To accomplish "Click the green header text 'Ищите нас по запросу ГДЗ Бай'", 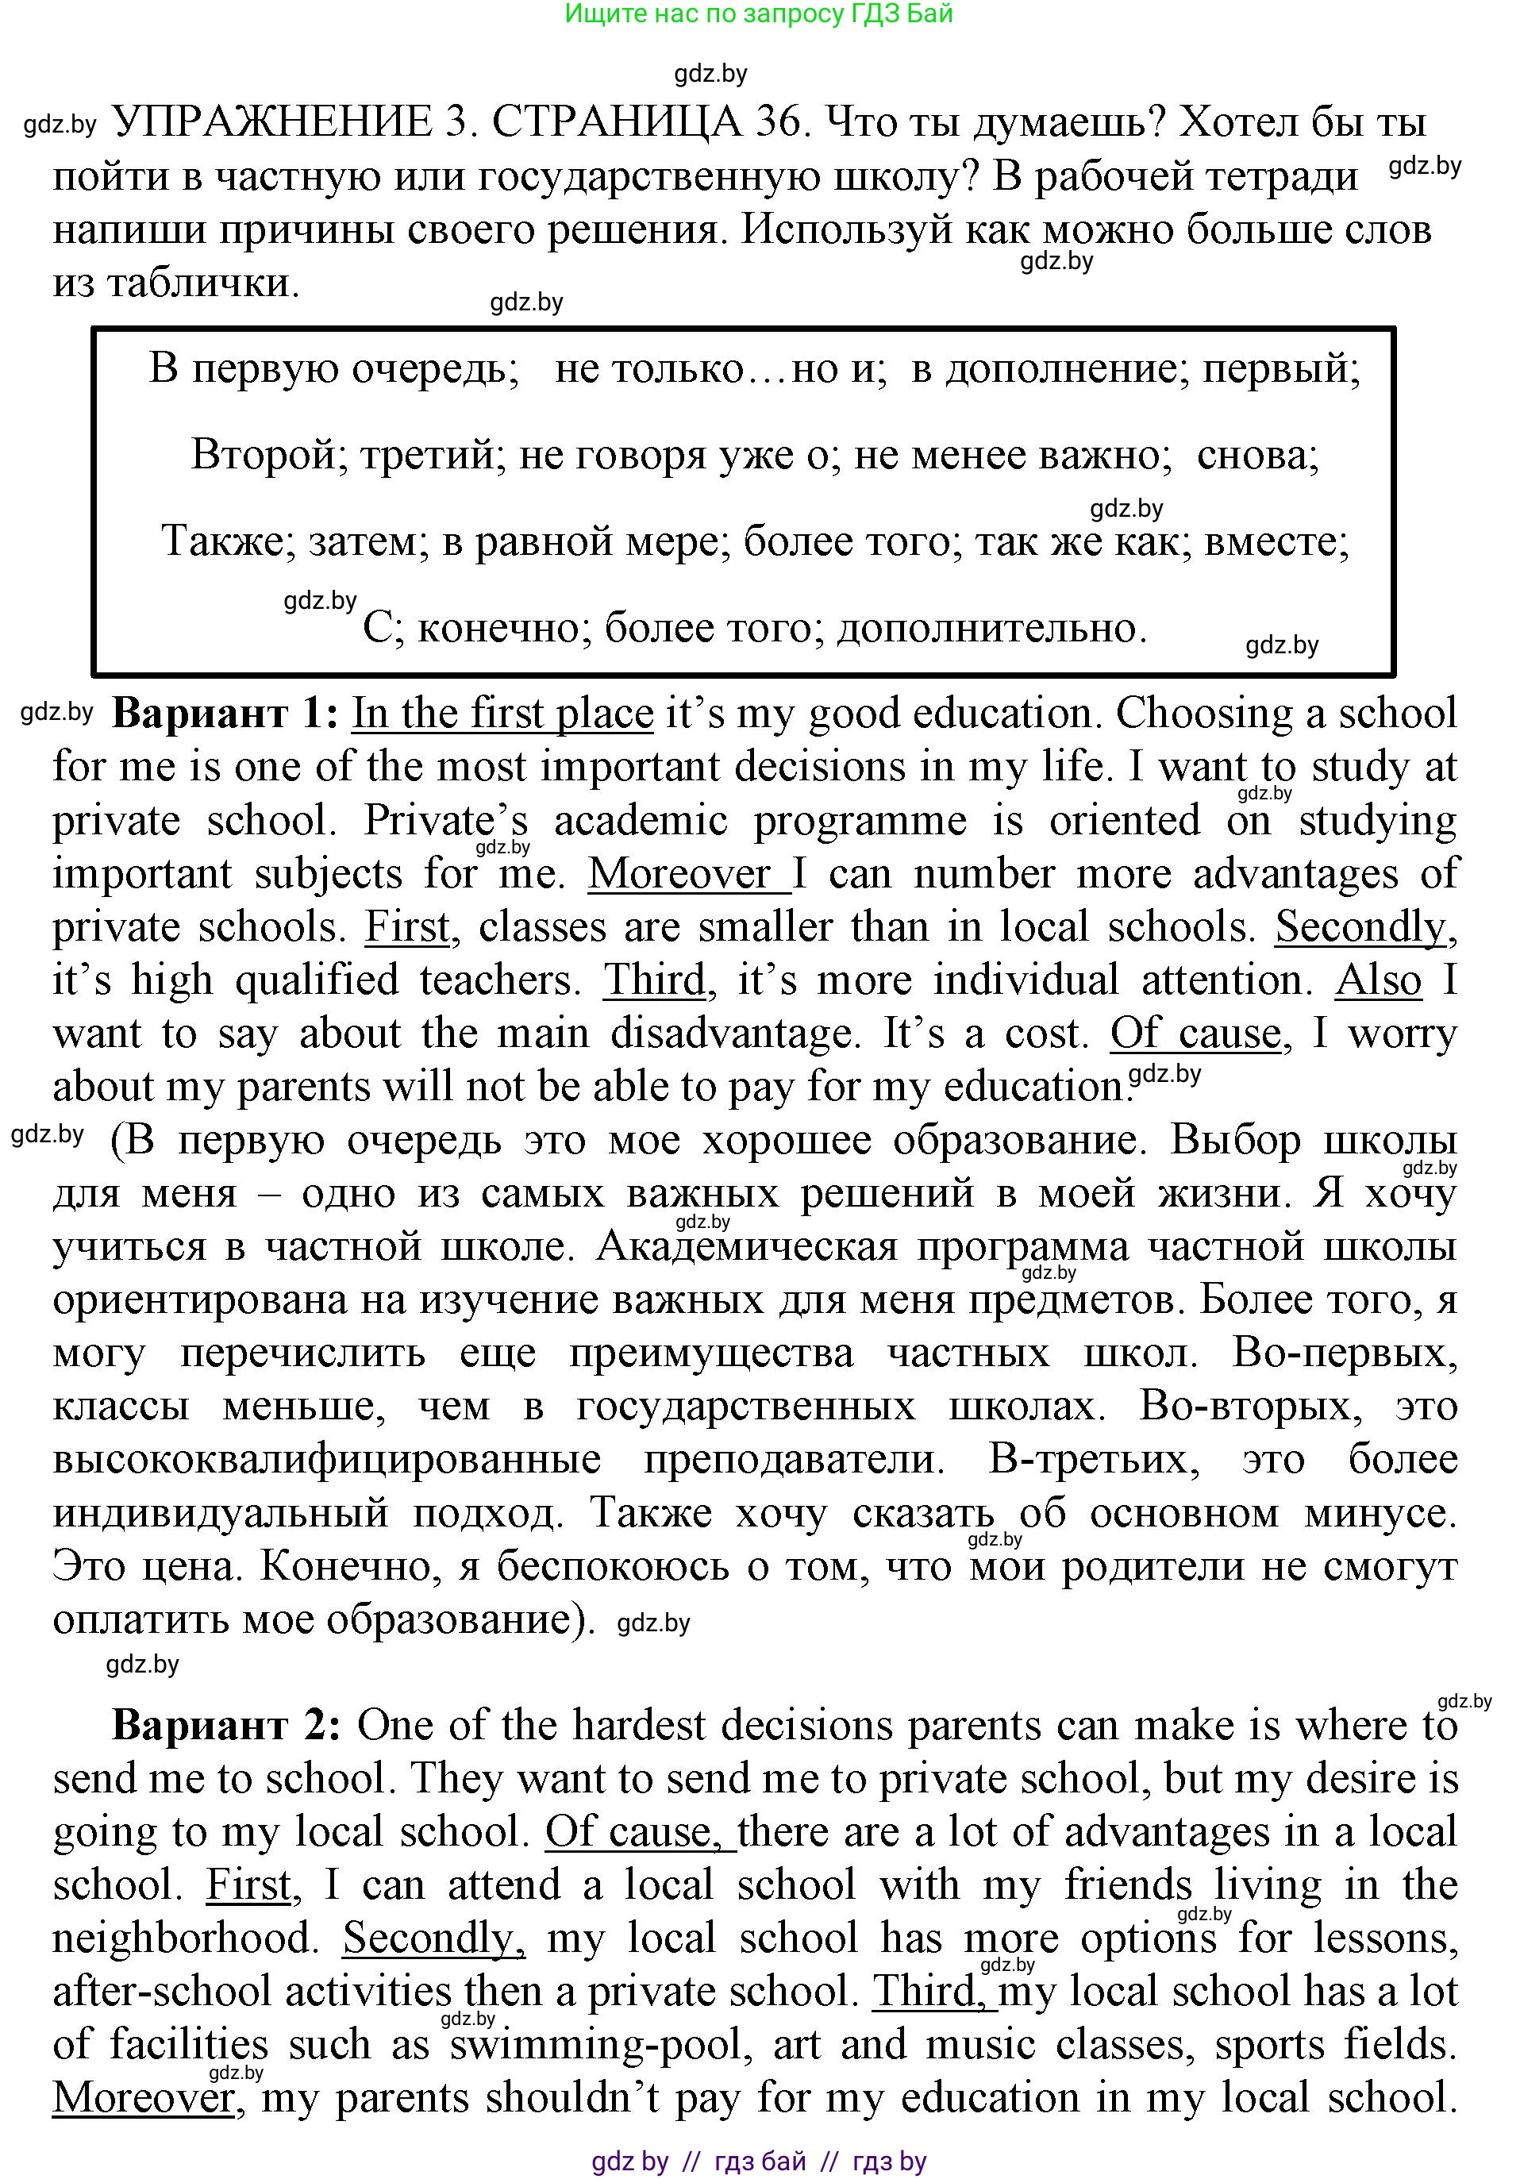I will (x=758, y=14).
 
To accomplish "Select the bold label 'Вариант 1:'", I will (x=225, y=714).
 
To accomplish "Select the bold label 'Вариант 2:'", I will (x=225, y=1724).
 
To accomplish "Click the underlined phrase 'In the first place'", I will (x=503, y=714).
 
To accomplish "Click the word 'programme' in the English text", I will (x=860, y=821).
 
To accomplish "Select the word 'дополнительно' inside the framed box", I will (x=991, y=628).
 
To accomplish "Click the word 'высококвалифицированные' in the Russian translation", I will (x=326, y=1459).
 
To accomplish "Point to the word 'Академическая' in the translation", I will (x=747, y=1246).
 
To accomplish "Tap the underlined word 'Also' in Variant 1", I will (x=1378, y=980).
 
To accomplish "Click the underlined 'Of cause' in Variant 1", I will (x=1195, y=1034).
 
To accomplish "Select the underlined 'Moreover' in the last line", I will (x=144, y=2097).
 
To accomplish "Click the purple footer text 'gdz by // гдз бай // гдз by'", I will (x=758, y=2162).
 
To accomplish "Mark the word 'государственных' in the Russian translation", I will (x=746, y=1406).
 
